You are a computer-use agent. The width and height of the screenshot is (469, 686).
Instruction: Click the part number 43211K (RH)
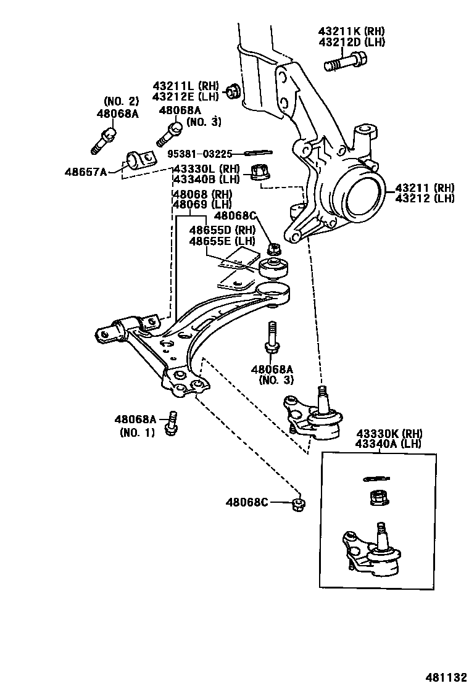pyautogui.click(x=351, y=30)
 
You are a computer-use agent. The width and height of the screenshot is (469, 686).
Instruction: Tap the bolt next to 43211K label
pyautogui.click(x=345, y=62)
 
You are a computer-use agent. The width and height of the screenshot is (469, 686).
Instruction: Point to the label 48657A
pyautogui.click(x=85, y=171)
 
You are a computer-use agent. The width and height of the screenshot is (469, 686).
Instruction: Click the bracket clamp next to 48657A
pyautogui.click(x=140, y=159)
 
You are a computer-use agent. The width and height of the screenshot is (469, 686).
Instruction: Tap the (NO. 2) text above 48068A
pyautogui.click(x=121, y=101)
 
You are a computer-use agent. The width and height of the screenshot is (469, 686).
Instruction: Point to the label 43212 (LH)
pyautogui.click(x=425, y=198)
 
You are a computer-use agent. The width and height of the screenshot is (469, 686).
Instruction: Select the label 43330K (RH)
pyautogui.click(x=389, y=433)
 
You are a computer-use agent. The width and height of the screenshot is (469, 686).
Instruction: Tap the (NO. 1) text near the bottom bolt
pyautogui.click(x=137, y=432)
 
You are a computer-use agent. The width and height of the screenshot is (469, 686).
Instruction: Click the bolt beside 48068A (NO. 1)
pyautogui.click(x=171, y=424)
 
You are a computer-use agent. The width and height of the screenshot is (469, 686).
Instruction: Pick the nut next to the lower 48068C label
pyautogui.click(x=297, y=503)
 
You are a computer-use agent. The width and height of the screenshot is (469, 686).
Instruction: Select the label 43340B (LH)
pyautogui.click(x=205, y=179)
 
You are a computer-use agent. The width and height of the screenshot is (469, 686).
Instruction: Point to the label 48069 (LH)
pyautogui.click(x=201, y=204)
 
